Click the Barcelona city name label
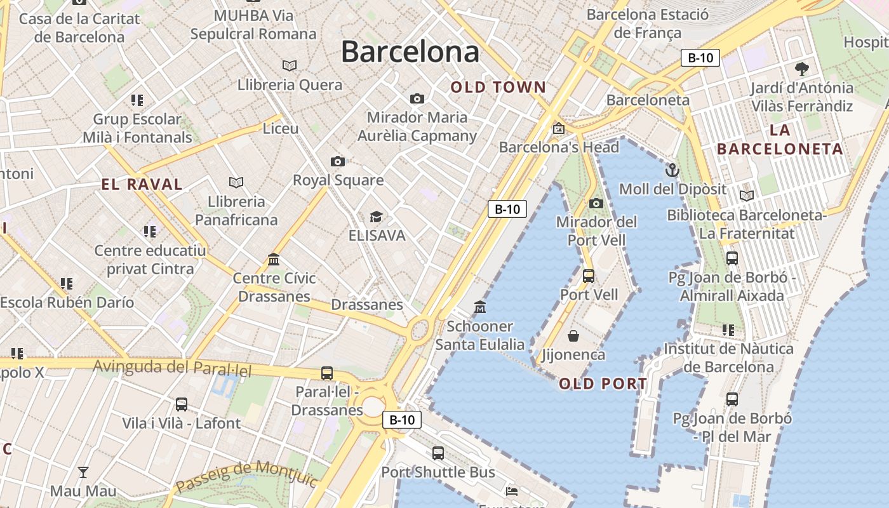pos(410,51)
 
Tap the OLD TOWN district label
pos(498,88)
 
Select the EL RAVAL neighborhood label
pos(142,185)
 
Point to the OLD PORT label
pos(603,384)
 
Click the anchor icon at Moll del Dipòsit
pos(672,170)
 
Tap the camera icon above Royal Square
pos(338,161)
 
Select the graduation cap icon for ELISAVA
pos(376,217)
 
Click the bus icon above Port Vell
pos(589,276)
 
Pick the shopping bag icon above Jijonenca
pos(573,335)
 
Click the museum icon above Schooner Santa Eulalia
pos(480,307)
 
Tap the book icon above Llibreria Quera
pos(290,65)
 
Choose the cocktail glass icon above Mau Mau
pos(83,472)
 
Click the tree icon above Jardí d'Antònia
pos(802,69)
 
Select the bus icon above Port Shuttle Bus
pos(438,453)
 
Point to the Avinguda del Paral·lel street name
pos(173,368)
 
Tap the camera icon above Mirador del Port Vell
pos(596,203)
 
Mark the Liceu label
pos(281,129)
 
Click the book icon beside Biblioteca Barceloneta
pos(747,196)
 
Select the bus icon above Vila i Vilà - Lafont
pos(182,404)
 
